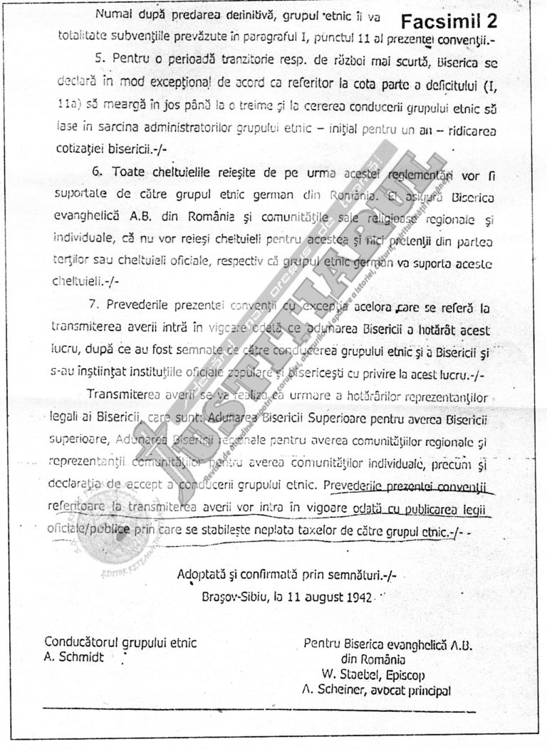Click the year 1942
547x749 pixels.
coord(355,596)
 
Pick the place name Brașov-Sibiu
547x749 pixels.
coord(233,596)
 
